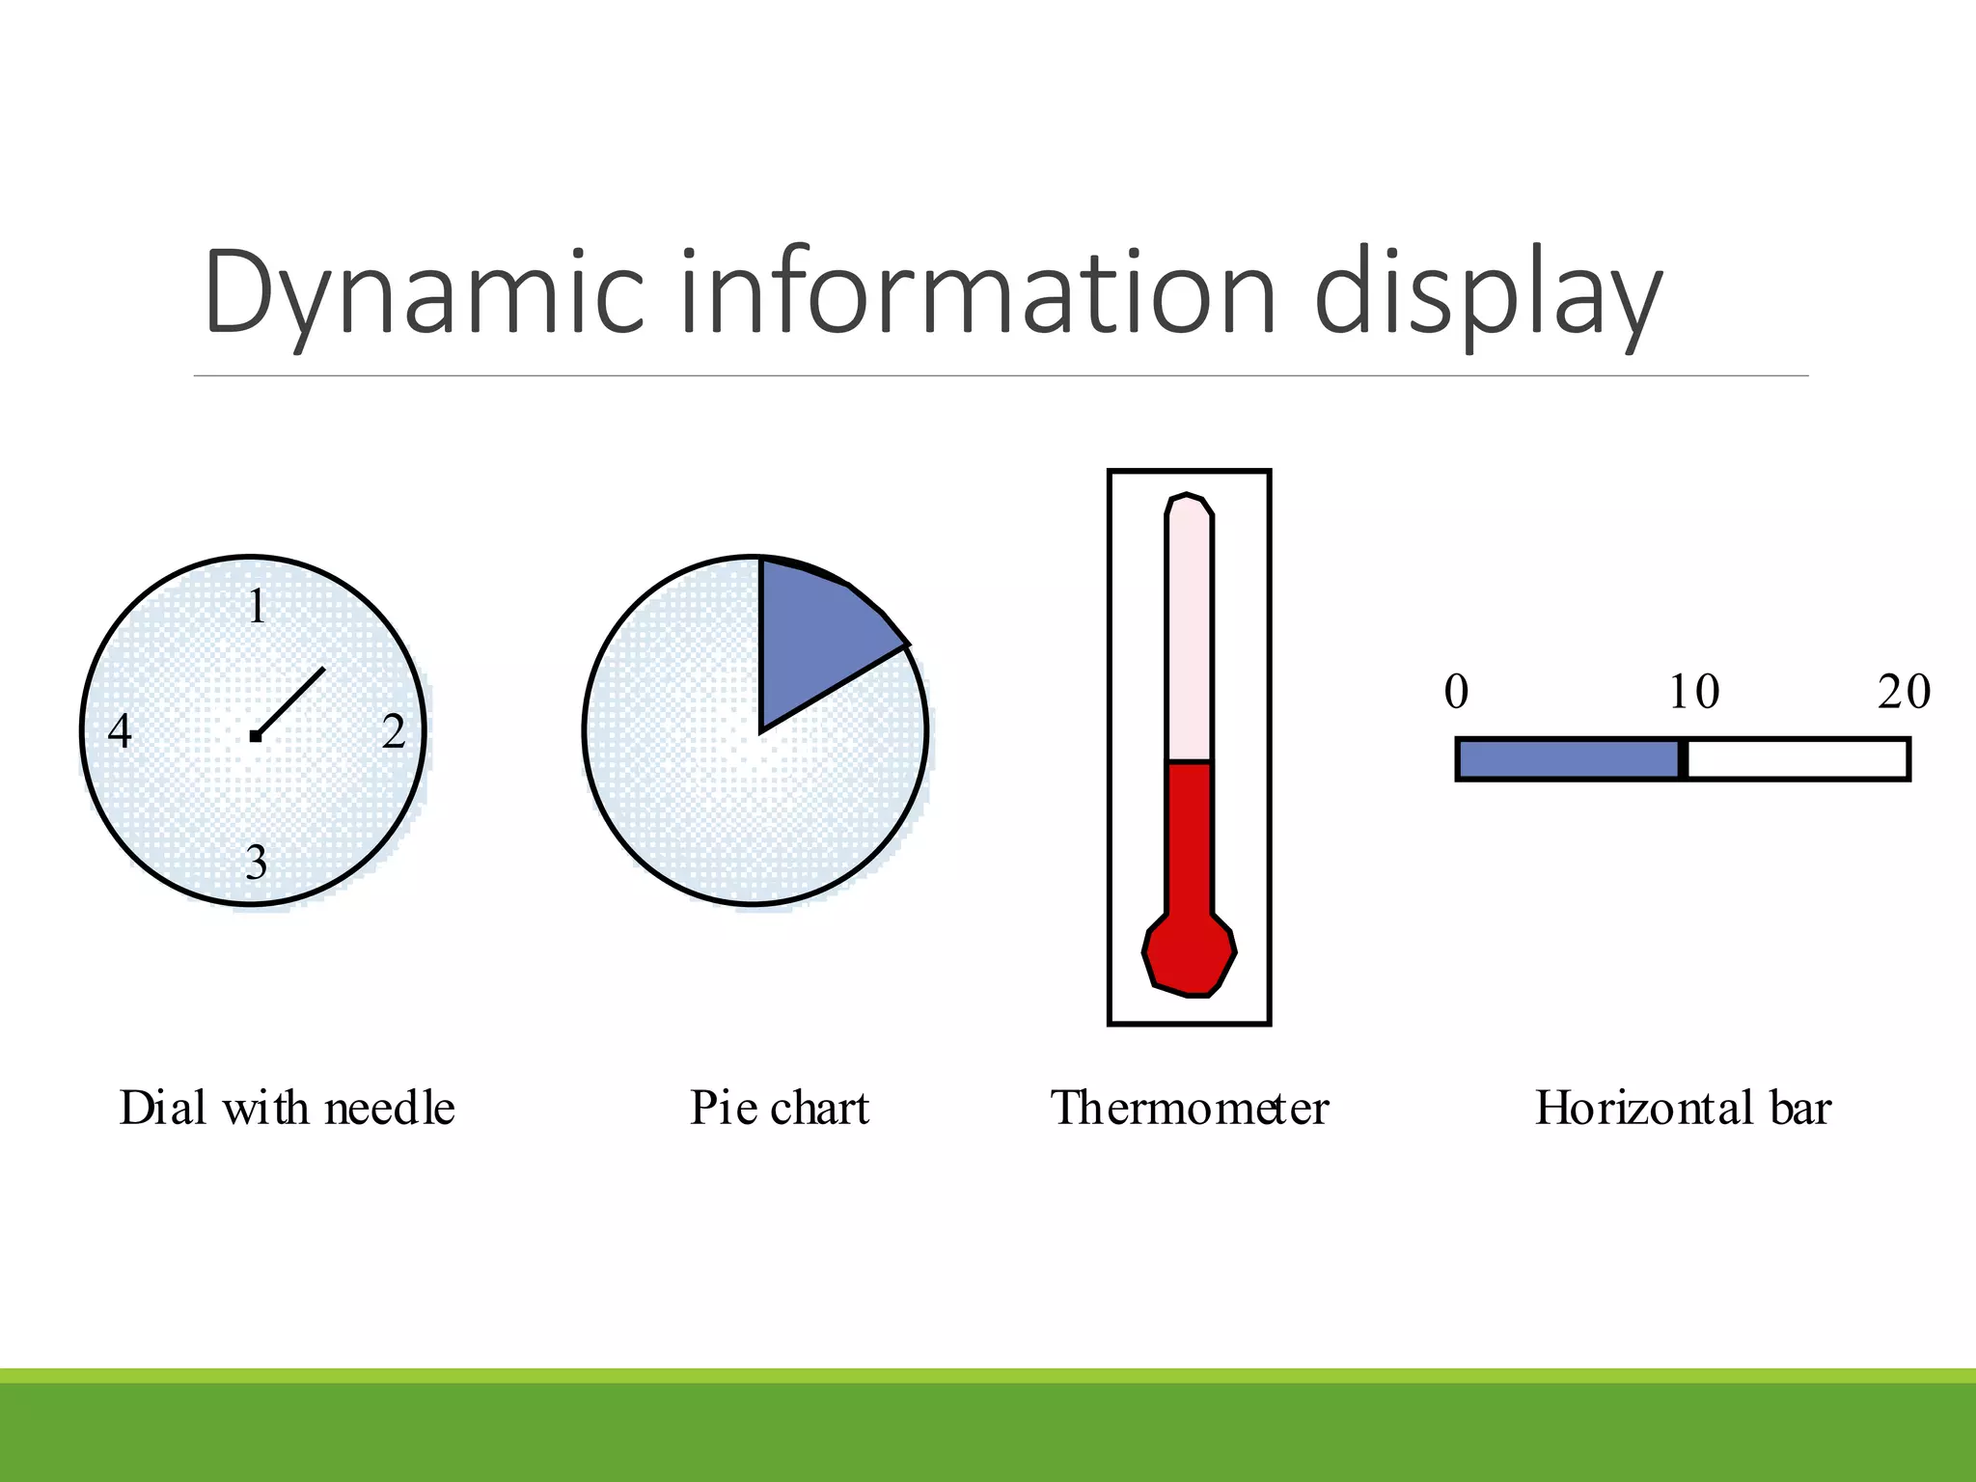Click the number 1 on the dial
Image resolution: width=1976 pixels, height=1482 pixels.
point(256,607)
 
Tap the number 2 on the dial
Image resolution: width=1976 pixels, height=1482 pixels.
point(393,731)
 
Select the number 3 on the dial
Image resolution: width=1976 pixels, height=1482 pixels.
point(256,862)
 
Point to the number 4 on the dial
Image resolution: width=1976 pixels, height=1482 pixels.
point(120,731)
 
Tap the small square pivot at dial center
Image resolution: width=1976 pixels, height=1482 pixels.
point(255,736)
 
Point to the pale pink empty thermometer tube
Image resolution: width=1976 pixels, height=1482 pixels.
point(1189,637)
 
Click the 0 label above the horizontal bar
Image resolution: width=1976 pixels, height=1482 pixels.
point(1456,692)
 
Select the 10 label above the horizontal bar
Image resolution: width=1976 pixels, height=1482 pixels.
point(1693,692)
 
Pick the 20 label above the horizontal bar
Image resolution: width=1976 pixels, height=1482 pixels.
point(1903,692)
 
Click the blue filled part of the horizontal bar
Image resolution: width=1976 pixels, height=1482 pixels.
point(1568,759)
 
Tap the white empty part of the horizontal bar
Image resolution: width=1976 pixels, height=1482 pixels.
point(1797,759)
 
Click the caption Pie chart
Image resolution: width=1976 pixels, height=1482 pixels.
point(780,1108)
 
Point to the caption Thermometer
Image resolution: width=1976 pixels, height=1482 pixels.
point(1189,1108)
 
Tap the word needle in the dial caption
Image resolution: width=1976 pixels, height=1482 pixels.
point(390,1108)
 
